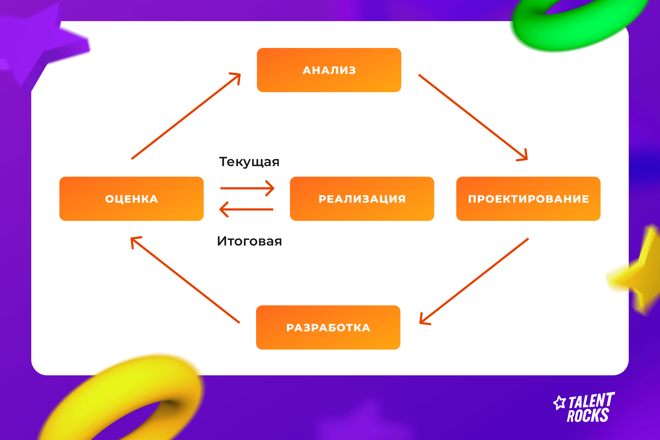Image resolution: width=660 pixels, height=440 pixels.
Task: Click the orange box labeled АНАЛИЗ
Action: click(x=329, y=70)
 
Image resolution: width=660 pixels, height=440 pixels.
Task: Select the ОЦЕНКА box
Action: click(x=131, y=199)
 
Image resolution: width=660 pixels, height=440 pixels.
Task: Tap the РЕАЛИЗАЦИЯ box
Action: click(x=362, y=199)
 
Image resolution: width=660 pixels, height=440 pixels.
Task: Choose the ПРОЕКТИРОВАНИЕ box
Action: click(x=528, y=199)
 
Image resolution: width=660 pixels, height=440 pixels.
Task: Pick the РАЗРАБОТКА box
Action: click(x=328, y=328)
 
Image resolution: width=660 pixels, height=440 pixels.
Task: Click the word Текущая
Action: click(x=249, y=162)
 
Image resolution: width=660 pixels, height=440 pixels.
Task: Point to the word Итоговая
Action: click(x=249, y=241)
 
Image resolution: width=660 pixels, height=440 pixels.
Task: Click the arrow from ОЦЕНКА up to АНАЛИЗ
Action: click(x=186, y=116)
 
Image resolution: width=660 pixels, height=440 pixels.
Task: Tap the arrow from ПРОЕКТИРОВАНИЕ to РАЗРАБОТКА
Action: click(x=474, y=281)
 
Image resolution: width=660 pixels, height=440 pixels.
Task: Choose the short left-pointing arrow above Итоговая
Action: click(x=246, y=209)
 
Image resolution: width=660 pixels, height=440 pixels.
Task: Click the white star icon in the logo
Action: click(x=559, y=403)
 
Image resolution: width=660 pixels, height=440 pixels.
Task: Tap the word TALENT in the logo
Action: click(x=592, y=400)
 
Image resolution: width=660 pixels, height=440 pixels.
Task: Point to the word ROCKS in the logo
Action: click(x=588, y=415)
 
